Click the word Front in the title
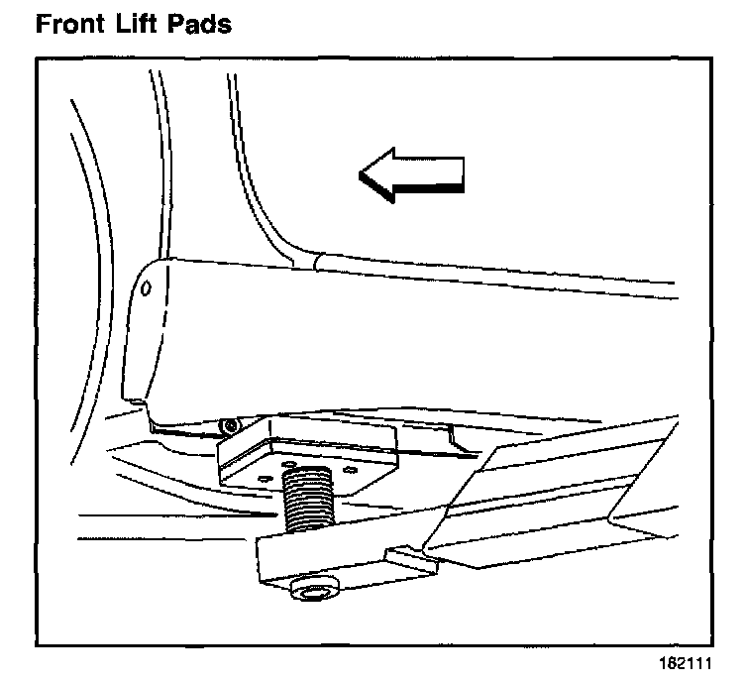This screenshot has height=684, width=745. point(71,24)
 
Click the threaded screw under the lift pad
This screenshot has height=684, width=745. point(311,504)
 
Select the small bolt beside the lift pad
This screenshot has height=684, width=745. point(231,426)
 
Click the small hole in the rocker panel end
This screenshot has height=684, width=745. point(146,288)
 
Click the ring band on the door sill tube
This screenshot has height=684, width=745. point(317,262)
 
